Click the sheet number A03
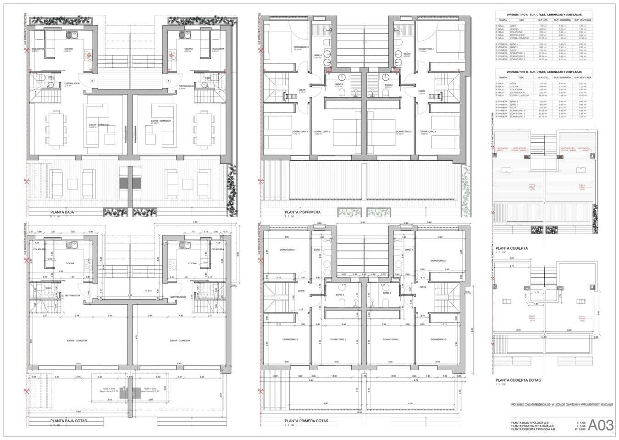[601, 425]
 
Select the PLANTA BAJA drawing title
[62, 212]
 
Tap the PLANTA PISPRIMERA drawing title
[302, 212]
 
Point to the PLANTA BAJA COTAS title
[69, 420]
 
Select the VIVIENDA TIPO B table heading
[544, 72]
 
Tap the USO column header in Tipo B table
[522, 78]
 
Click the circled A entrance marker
[168, 80]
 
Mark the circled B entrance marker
[92, 80]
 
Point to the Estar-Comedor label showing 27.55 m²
[160, 122]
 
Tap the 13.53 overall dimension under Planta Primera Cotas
[359, 412]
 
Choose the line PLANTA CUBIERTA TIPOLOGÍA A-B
[533, 429]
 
